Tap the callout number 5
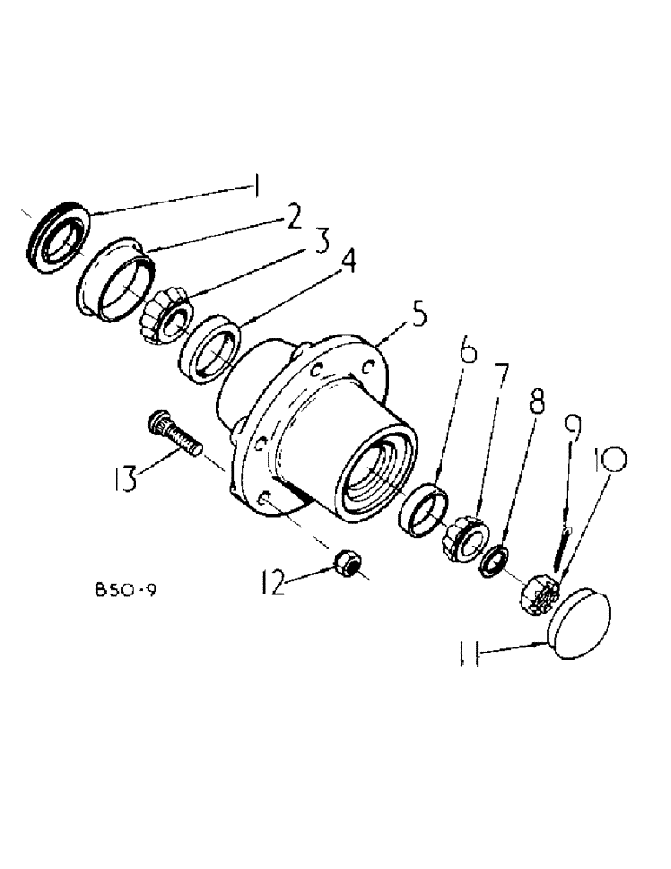418,315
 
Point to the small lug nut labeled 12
345,566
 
